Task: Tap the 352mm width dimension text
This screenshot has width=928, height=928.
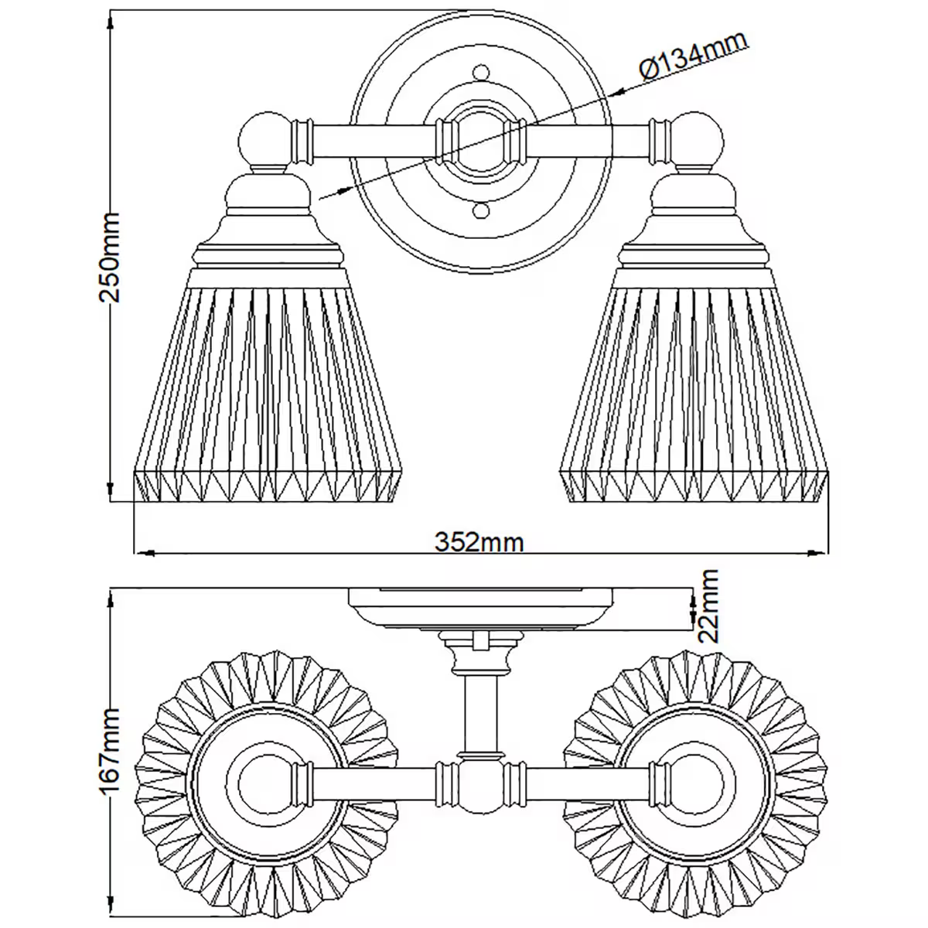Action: point(479,542)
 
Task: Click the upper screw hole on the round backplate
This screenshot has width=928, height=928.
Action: point(480,73)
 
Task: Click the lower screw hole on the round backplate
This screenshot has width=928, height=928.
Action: point(480,210)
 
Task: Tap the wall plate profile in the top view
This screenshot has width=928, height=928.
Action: point(480,606)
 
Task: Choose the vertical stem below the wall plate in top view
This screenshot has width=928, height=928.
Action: point(480,711)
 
